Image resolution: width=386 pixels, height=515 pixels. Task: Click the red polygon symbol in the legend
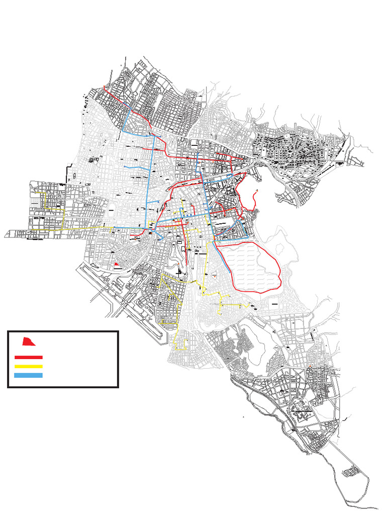(x=29, y=341)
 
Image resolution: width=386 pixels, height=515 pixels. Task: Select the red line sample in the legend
(x=28, y=357)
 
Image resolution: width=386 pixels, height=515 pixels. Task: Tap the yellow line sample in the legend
(x=28, y=366)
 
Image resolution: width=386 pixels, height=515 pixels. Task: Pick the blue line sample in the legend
(x=28, y=375)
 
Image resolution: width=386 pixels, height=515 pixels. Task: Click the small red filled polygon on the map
(x=117, y=264)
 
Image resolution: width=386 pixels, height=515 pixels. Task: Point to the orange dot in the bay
(x=257, y=190)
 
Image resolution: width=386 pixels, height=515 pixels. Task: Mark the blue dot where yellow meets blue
(x=115, y=228)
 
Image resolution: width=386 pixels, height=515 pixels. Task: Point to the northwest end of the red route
(x=104, y=88)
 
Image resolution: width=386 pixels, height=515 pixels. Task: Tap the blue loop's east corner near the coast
(x=248, y=237)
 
